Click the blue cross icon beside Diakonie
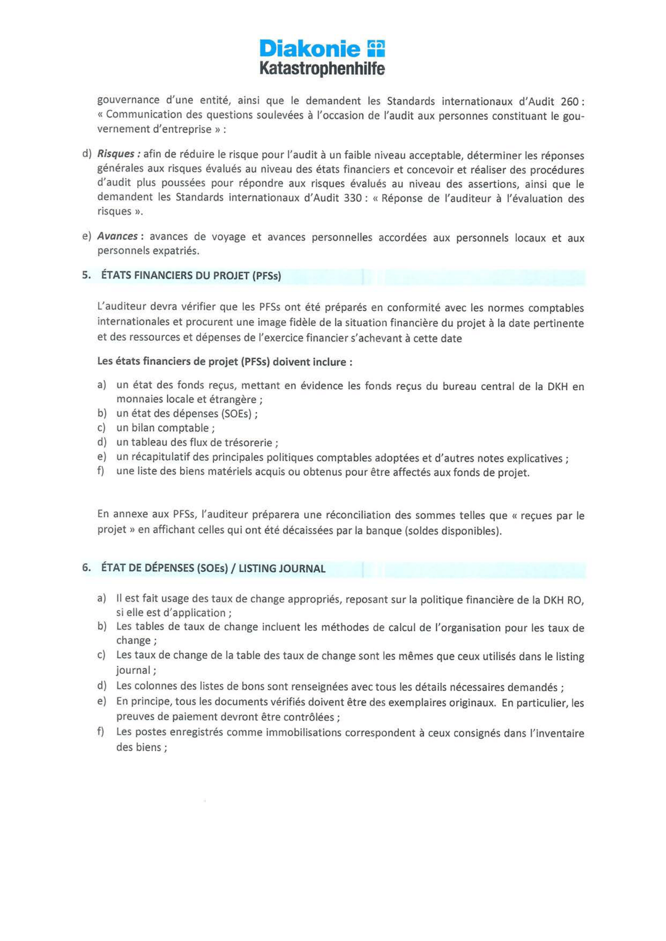[x=375, y=48]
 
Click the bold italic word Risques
[x=116, y=154]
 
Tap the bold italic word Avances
[x=117, y=236]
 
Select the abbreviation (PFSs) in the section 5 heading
[x=266, y=276]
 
